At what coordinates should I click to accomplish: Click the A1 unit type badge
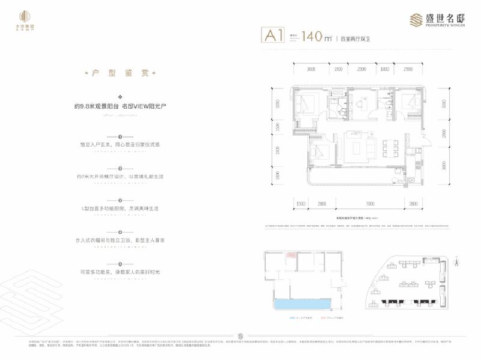click(273, 36)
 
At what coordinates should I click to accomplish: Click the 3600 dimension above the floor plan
click(311, 70)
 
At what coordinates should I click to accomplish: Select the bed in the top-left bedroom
click(305, 104)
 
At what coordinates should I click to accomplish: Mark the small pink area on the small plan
click(292, 255)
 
